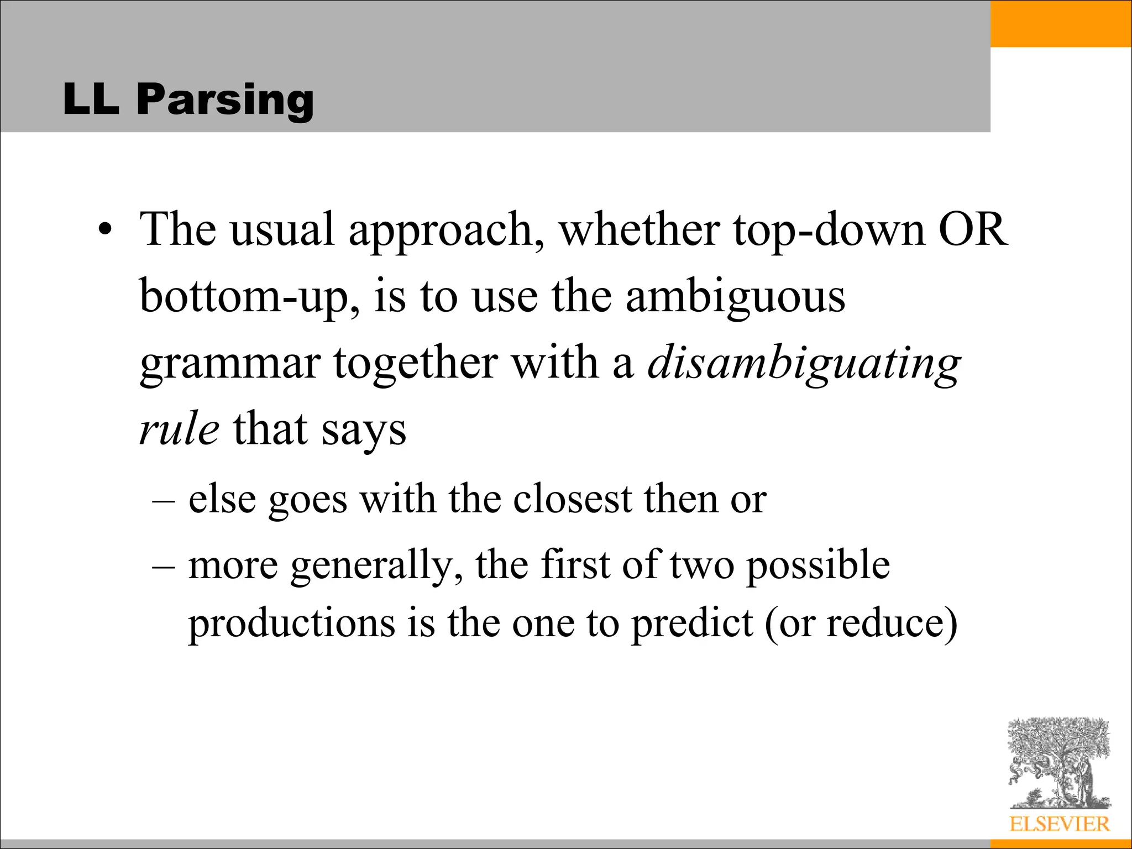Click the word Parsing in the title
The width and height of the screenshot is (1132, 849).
coord(225,99)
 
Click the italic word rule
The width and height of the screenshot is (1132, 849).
coord(179,429)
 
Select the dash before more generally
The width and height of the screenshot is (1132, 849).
coord(163,566)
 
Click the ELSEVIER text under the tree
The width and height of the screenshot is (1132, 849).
coord(1059,824)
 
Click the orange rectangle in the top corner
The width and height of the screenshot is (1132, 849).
coord(1061,23)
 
